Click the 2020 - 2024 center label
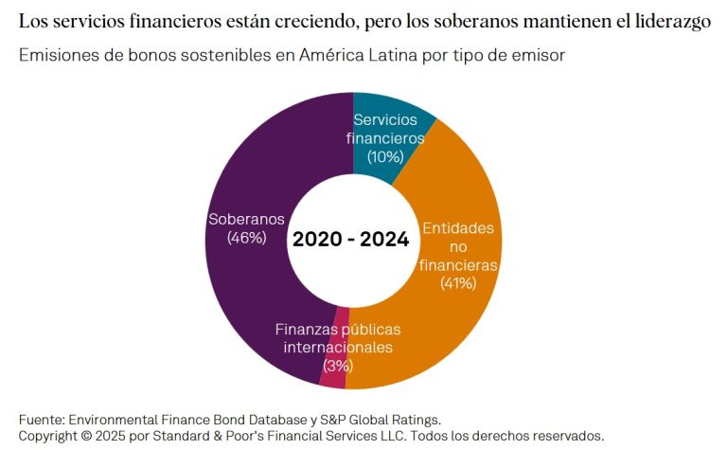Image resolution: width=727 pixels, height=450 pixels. click(351, 240)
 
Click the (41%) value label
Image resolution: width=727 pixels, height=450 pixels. click(457, 282)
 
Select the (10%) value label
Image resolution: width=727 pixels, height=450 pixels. click(387, 155)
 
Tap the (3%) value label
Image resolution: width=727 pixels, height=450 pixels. click(338, 365)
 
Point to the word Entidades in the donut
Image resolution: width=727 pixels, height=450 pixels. click(457, 228)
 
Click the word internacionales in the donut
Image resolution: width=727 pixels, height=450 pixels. click(338, 347)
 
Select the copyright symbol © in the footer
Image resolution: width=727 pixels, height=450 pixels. click(88, 436)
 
